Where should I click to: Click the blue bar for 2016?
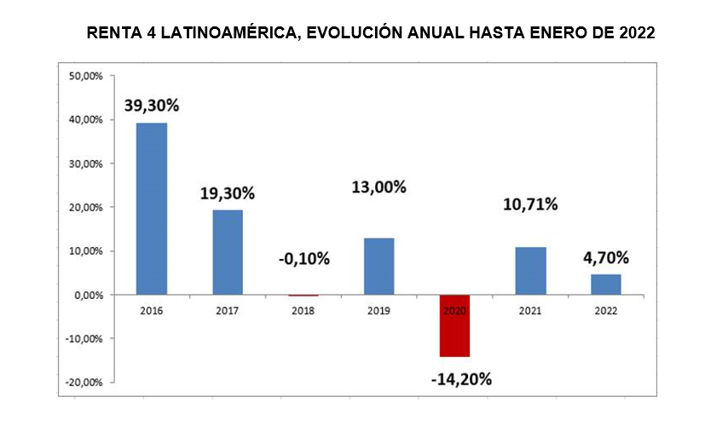152,209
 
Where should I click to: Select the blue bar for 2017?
228,252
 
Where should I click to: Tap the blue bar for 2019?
378,266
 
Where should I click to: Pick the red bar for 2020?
454,325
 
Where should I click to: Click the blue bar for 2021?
530,271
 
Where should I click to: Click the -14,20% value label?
461,379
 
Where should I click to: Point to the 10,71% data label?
530,204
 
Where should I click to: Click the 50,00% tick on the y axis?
85,76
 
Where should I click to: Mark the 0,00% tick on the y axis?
88,295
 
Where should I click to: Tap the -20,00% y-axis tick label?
84,382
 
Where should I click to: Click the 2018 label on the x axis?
303,311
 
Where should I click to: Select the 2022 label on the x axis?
606,311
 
